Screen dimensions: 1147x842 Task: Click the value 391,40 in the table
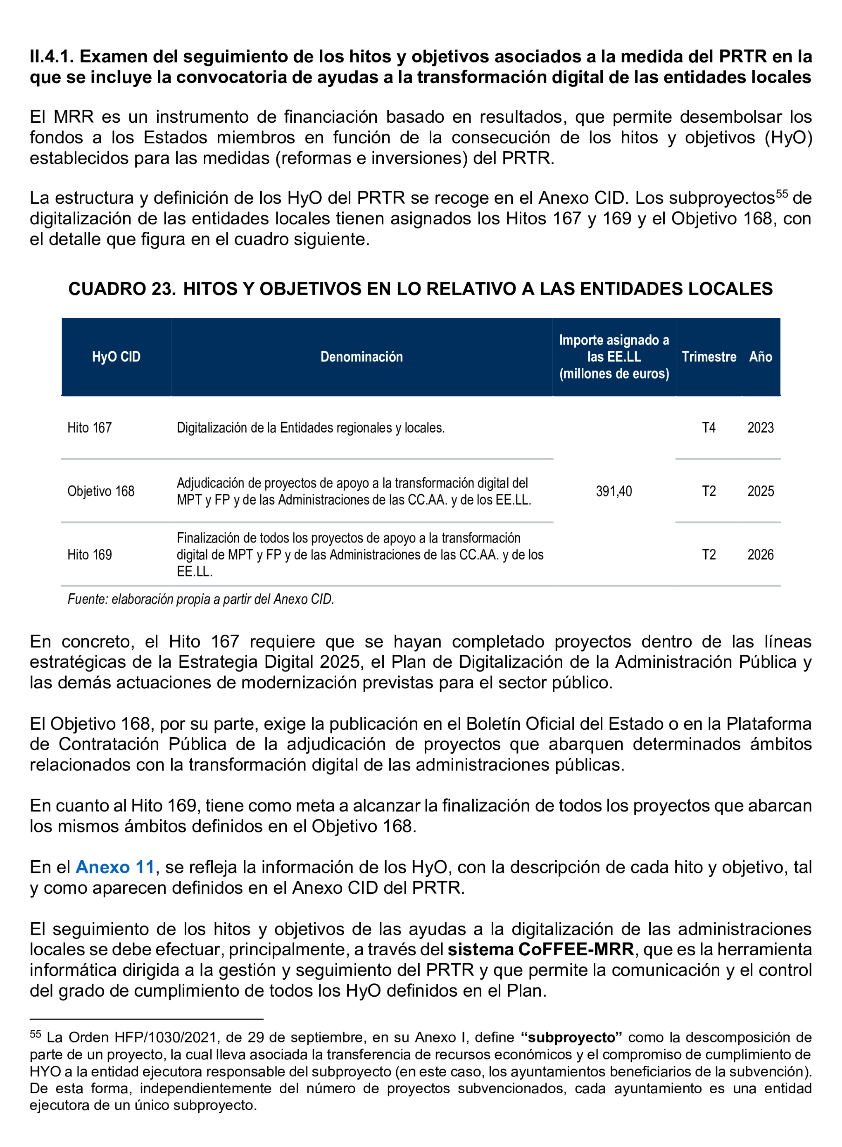tap(614, 491)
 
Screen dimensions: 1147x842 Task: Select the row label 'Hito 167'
tap(89, 427)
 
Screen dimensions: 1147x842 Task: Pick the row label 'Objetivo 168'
tap(101, 491)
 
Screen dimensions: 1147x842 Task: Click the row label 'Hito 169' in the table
tap(89, 554)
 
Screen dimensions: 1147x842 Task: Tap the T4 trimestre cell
tap(709, 427)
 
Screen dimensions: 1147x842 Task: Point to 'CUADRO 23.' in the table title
tap(122, 289)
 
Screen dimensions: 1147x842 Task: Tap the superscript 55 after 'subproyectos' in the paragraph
tap(781, 194)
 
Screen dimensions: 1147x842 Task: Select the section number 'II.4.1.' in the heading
tap(52, 56)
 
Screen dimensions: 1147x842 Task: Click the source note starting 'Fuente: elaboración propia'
tap(200, 599)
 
